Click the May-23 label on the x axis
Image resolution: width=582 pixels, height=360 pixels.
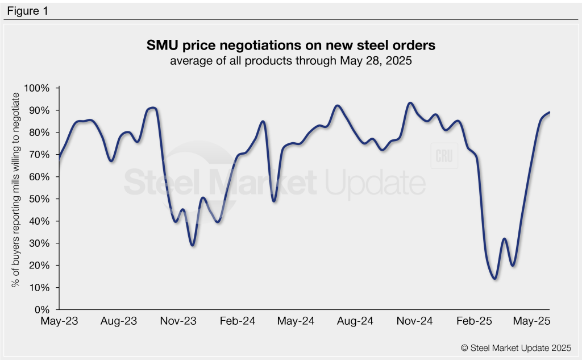click(x=60, y=322)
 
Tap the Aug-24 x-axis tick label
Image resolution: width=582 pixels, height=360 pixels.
click(x=355, y=322)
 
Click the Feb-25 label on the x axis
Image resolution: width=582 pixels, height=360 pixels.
click(x=472, y=322)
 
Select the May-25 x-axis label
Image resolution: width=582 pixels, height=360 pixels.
click(x=531, y=322)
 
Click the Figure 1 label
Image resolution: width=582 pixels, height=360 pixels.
click(x=28, y=10)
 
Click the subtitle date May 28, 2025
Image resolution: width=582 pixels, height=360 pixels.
click(x=370, y=60)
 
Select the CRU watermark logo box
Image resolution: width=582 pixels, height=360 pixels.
click(x=444, y=157)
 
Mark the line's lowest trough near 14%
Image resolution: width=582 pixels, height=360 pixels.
click(x=494, y=279)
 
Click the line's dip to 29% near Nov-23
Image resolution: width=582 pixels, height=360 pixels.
click(x=193, y=245)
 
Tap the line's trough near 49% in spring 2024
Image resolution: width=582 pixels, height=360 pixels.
click(x=274, y=201)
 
